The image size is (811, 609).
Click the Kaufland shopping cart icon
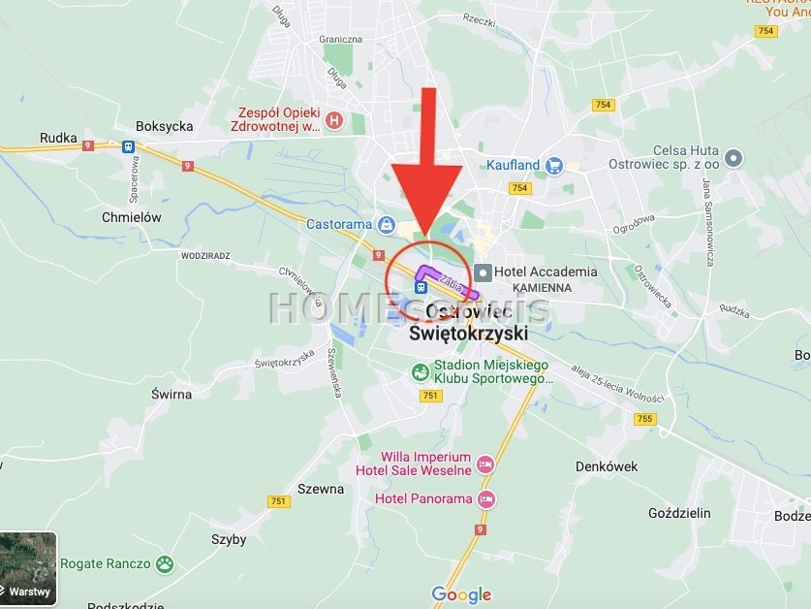point(554,166)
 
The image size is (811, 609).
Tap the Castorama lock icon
point(387,225)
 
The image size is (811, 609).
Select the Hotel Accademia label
point(545,272)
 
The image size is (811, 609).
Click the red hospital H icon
point(334,120)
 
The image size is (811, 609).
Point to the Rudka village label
point(58,138)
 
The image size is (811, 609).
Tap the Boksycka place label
point(164,126)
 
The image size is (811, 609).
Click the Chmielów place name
point(132,217)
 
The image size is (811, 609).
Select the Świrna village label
point(172,395)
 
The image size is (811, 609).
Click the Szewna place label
point(321,489)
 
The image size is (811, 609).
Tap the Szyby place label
point(229,539)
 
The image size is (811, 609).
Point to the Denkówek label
point(607,466)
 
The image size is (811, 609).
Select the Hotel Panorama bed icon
point(486,499)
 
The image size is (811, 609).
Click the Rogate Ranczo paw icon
point(166,563)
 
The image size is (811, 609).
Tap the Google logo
point(461,594)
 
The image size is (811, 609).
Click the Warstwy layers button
point(28,568)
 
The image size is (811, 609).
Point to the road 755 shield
point(645,419)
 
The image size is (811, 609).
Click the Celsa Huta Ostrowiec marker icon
point(733,157)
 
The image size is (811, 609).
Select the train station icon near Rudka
point(128,147)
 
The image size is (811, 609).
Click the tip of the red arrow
point(426,233)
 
